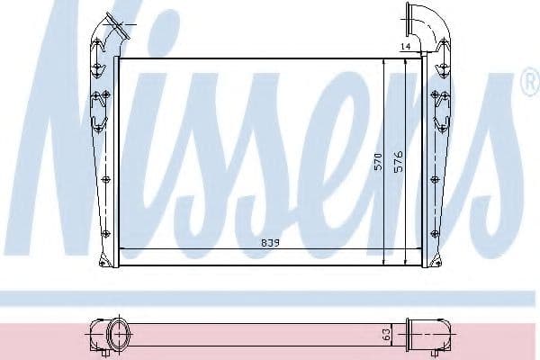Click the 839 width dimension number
coord(245,242)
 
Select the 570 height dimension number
coord(379,162)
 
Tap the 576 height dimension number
coord(398,162)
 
